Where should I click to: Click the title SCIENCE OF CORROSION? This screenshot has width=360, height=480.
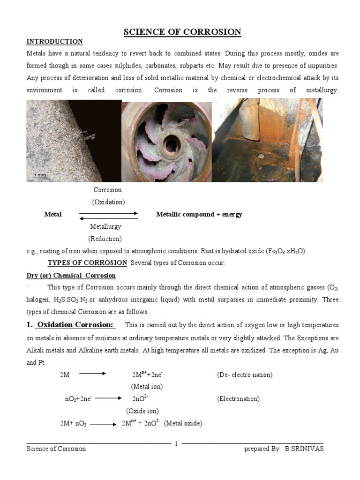tap(182, 32)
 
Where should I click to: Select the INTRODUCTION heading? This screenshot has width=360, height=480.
tap(54, 42)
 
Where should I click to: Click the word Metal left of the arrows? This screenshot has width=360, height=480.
tap(53, 214)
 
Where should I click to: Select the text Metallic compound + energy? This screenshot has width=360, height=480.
tap(199, 214)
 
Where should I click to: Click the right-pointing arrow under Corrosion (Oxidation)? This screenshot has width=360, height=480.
tap(108, 213)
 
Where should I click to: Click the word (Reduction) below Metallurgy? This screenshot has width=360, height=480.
tap(105, 239)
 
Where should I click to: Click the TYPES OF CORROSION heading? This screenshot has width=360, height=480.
tap(87, 263)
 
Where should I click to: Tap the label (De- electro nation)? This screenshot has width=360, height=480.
tap(245, 375)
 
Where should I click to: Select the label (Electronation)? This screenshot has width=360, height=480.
tap(238, 399)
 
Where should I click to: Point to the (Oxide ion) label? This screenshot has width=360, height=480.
tap(142, 411)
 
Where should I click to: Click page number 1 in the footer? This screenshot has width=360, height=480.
tap(176, 443)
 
